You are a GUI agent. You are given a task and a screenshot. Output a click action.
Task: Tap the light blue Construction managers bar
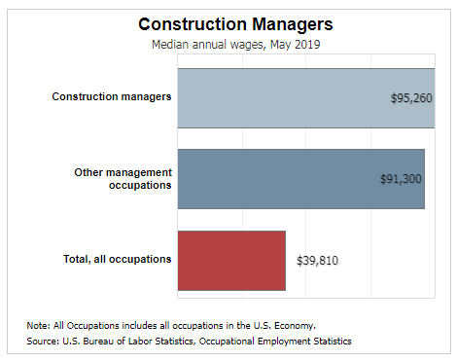point(282,97)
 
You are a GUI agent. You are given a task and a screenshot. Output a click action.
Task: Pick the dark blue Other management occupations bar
point(282,178)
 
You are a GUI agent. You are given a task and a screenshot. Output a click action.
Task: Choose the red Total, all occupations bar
point(231,260)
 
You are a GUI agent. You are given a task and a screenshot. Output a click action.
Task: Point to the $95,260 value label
point(409,98)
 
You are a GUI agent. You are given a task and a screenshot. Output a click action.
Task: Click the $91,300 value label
point(400,179)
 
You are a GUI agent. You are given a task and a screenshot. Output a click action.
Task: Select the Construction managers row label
point(112,97)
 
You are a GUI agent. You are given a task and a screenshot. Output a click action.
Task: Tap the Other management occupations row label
point(123,178)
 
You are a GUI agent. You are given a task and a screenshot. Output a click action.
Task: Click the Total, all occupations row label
point(117,259)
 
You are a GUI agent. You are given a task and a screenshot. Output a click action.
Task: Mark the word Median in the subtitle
point(171,44)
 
